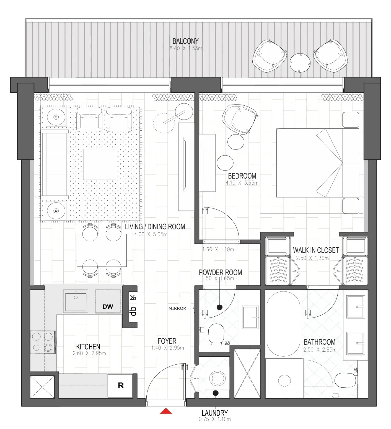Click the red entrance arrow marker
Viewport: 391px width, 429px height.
[166, 411]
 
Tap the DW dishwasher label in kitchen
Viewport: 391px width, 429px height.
[108, 306]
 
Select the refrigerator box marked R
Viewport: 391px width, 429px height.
[121, 385]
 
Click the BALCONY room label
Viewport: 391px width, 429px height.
[185, 41]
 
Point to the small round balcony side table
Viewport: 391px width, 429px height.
[300, 62]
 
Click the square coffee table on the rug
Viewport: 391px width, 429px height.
[100, 164]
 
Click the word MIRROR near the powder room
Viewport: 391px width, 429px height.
[177, 308]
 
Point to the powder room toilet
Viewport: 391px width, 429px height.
[216, 334]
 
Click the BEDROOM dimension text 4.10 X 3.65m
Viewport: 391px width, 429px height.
[242, 183]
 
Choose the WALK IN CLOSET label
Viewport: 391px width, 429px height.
[316, 250]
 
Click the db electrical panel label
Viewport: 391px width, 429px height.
[133, 311]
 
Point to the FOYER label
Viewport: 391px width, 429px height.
[167, 341]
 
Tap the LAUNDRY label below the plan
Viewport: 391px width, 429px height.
[214, 413]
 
